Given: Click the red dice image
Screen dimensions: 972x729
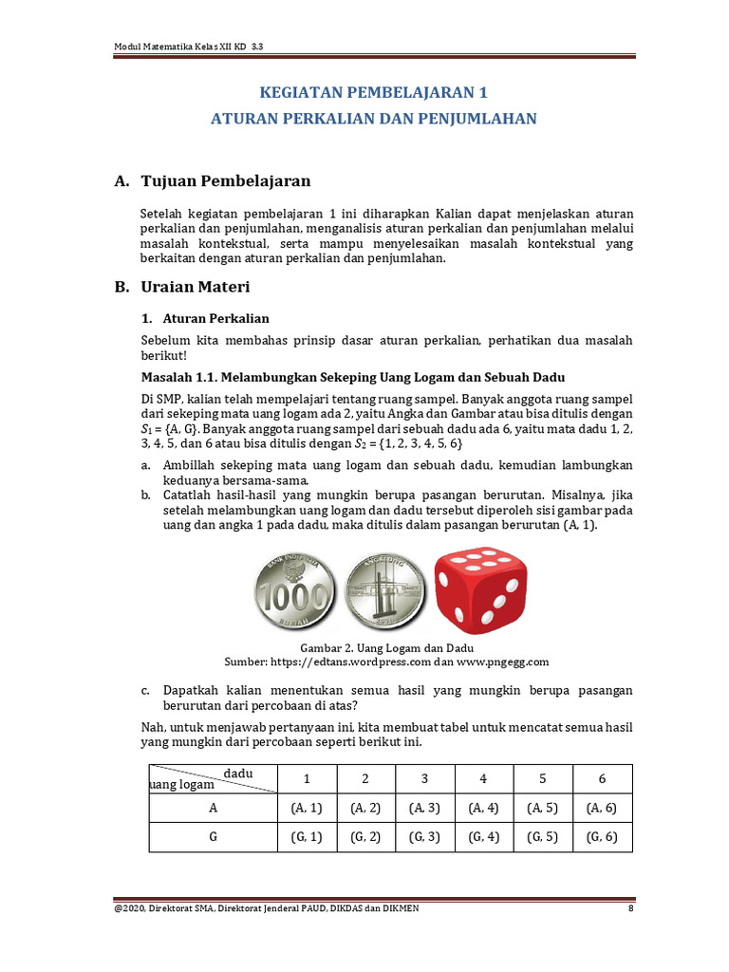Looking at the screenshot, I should pyautogui.click(x=480, y=589).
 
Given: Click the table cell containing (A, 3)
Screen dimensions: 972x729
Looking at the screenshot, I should pyautogui.click(x=425, y=808).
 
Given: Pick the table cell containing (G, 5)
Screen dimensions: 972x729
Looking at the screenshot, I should pyautogui.click(x=543, y=836).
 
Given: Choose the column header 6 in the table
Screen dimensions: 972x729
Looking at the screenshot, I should pyautogui.click(x=602, y=778).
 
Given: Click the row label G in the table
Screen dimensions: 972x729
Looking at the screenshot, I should pyautogui.click(x=213, y=836).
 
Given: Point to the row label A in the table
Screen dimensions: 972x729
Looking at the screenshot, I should pyautogui.click(x=213, y=808).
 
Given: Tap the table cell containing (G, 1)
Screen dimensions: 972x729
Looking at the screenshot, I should pyautogui.click(x=307, y=836).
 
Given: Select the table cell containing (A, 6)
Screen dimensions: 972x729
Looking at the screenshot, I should pyautogui.click(x=602, y=808).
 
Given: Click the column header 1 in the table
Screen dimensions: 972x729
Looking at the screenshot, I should pyautogui.click(x=307, y=778).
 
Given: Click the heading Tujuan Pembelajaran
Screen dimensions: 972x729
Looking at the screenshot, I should pyautogui.click(x=225, y=180).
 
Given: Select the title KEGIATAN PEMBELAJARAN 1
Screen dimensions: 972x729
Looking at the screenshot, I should pyautogui.click(x=373, y=93).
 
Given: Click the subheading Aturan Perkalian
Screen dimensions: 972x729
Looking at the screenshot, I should pyautogui.click(x=216, y=319).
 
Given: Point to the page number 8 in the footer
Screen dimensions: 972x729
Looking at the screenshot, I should pyautogui.click(x=630, y=908).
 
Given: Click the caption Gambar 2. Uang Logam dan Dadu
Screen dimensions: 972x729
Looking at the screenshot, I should pyautogui.click(x=386, y=646).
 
